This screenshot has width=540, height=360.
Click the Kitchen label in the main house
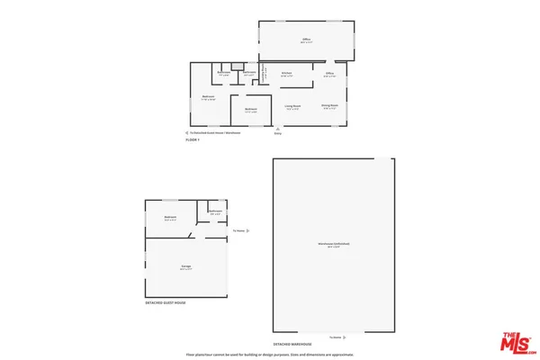tap(286, 73)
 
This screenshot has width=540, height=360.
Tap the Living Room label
tap(292, 106)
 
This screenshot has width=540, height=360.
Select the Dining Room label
tap(329, 106)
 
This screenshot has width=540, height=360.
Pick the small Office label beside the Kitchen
tap(329, 73)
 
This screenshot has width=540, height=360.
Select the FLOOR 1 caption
tap(193, 139)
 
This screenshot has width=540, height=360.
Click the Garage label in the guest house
tap(185, 267)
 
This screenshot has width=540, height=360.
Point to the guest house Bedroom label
tap(169, 218)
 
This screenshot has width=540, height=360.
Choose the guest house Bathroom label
tap(216, 211)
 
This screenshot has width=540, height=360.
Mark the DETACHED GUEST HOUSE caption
tap(166, 303)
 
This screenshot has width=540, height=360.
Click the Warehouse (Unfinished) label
tap(333, 245)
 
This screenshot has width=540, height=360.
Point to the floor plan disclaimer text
tap(270, 355)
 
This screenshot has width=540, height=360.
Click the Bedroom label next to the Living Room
tap(251, 110)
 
